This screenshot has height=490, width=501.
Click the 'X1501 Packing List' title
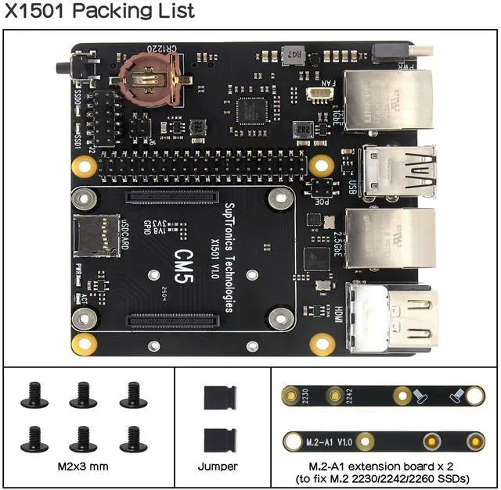coord(99,12)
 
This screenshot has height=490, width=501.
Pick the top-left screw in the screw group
coord(34,395)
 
